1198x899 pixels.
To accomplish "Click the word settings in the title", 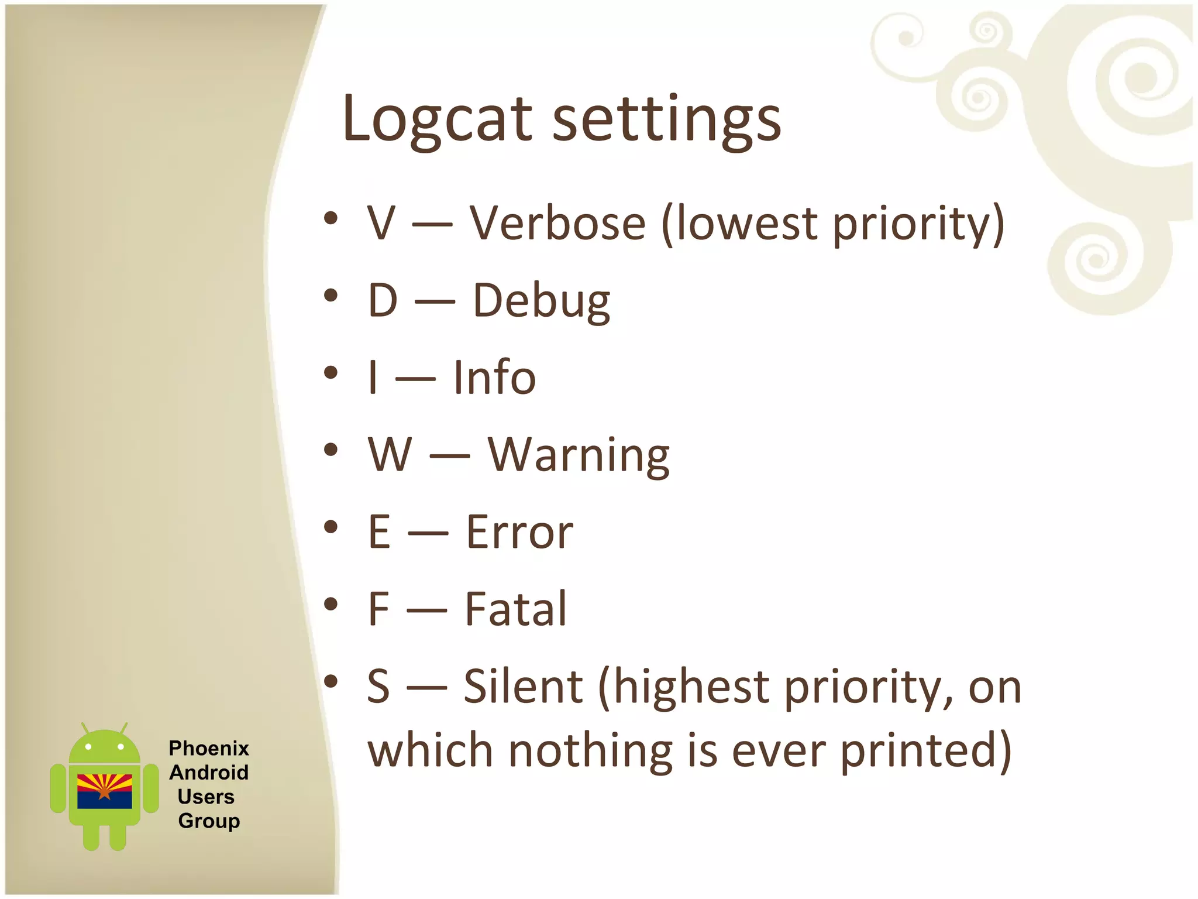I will [666, 120].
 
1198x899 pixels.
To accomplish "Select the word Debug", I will [541, 301].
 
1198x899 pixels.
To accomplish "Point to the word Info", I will [494, 378].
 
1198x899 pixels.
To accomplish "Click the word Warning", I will [579, 455].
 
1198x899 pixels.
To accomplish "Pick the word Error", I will [519, 532].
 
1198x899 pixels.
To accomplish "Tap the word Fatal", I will [515, 609].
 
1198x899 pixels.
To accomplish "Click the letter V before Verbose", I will [381, 224].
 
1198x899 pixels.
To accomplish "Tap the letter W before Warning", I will [390, 455].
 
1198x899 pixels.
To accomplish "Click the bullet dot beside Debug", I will [331, 295].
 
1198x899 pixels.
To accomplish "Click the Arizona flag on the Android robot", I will [105, 791].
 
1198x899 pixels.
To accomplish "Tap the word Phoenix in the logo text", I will [209, 749].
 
